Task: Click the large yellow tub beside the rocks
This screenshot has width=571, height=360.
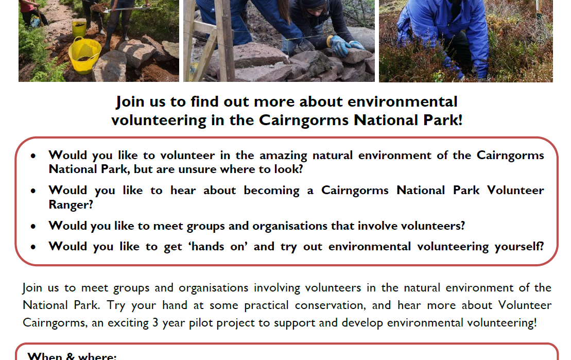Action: pyautogui.click(x=84, y=55)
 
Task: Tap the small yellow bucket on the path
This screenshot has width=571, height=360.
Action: pyautogui.click(x=79, y=28)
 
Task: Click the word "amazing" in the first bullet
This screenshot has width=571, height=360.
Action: pyautogui.click(x=283, y=156)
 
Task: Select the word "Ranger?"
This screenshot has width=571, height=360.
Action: pyautogui.click(x=71, y=205)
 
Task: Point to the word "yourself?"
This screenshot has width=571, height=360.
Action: pyautogui.click(x=519, y=247)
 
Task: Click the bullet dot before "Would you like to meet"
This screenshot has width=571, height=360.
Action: pyautogui.click(x=33, y=227)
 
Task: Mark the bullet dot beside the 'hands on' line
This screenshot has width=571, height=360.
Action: pyautogui.click(x=33, y=247)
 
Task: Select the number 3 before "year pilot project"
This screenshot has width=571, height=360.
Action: pyautogui.click(x=155, y=323)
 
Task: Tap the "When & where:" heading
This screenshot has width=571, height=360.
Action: pyautogui.click(x=72, y=356)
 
